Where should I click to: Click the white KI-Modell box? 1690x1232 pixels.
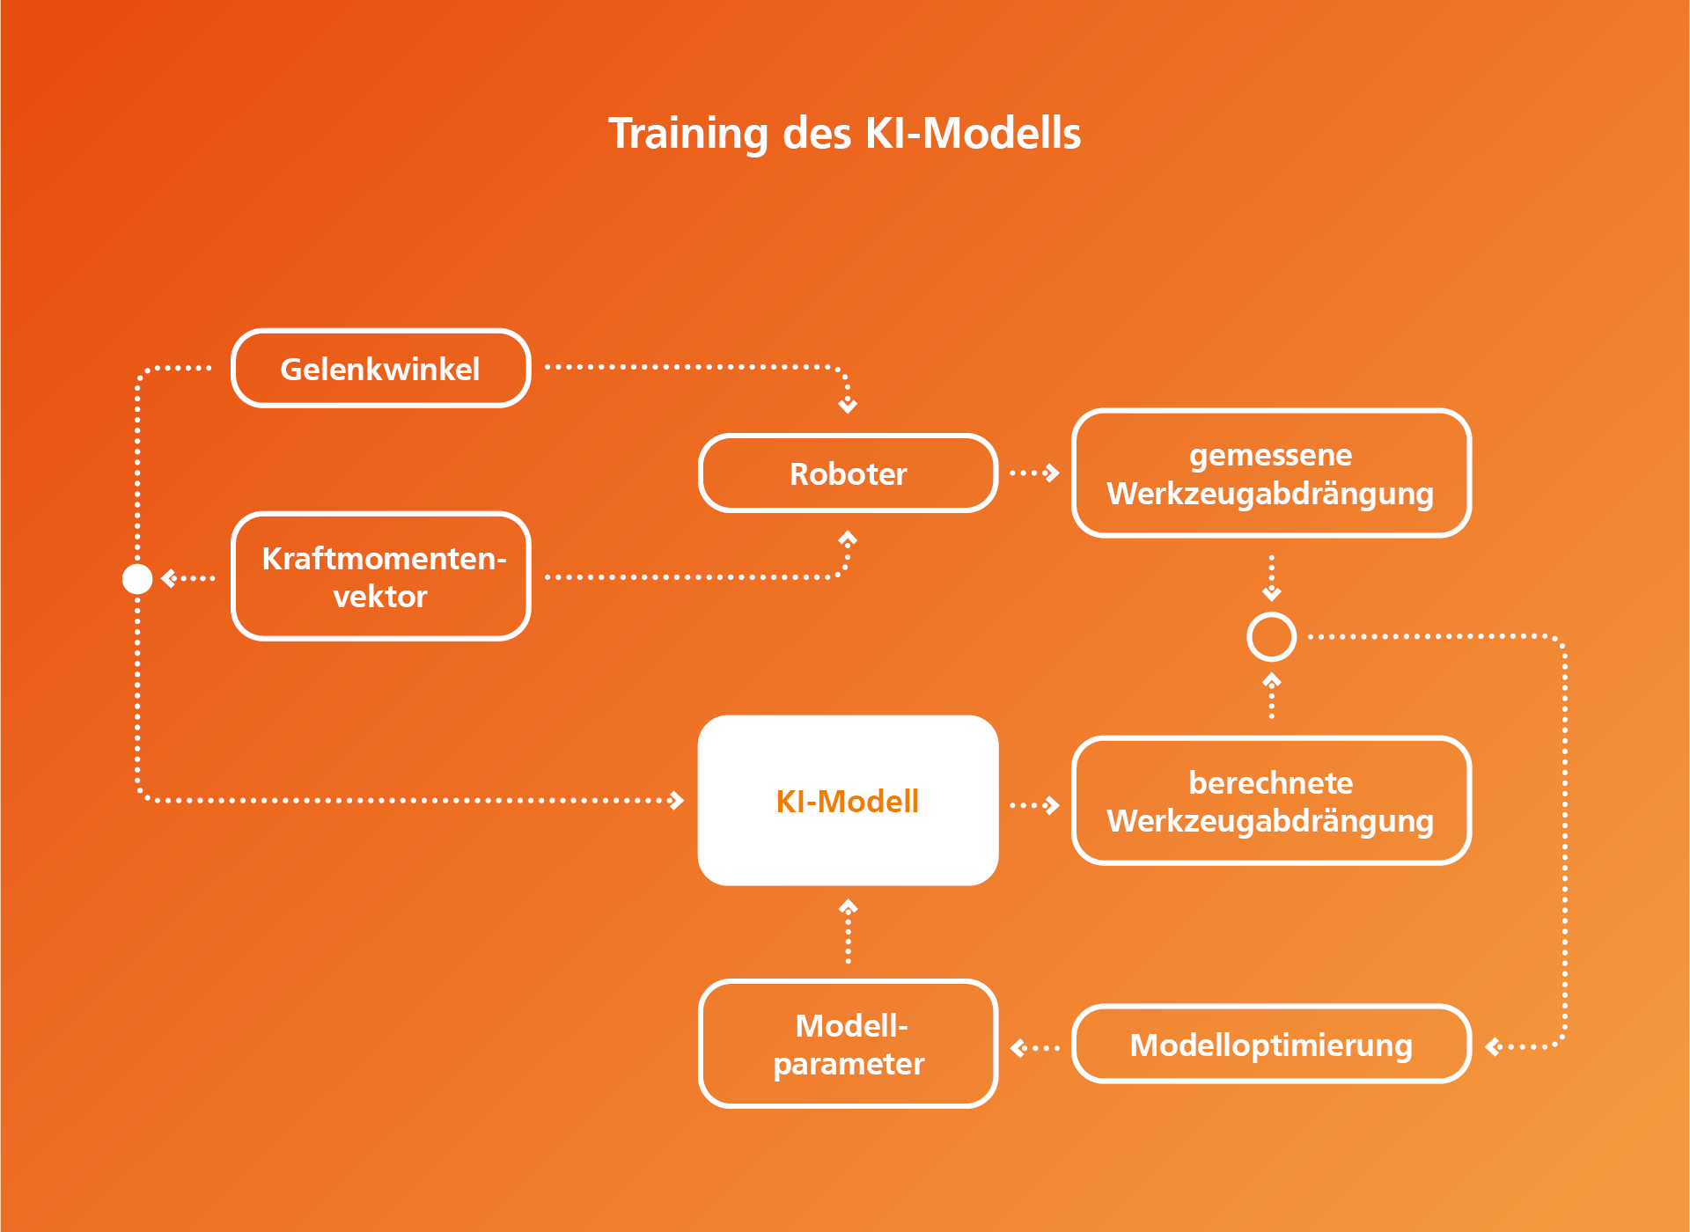(848, 800)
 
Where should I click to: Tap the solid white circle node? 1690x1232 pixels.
(137, 578)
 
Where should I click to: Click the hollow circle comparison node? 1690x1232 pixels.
(1271, 613)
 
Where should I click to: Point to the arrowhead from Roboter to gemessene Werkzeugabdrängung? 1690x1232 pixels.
(1051, 473)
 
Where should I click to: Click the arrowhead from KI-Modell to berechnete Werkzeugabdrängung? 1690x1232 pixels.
(1051, 804)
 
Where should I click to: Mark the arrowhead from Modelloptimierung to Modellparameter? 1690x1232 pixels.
(1018, 1047)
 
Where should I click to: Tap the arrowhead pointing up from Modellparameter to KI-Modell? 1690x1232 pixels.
(848, 906)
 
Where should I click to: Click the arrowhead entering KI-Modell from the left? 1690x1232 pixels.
(676, 800)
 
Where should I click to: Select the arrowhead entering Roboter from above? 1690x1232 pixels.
(848, 406)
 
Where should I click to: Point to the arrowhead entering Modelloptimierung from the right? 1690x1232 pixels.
(1493, 1046)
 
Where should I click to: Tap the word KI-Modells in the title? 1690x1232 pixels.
(973, 133)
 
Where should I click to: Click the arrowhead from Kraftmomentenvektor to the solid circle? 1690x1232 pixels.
(169, 578)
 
